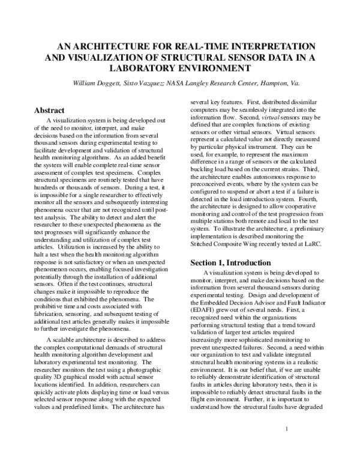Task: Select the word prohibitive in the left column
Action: coord(48,301)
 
